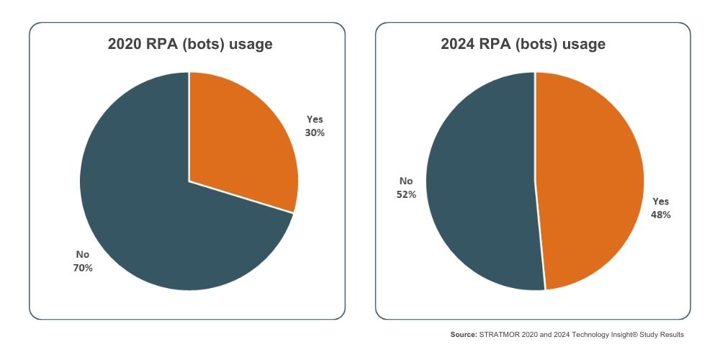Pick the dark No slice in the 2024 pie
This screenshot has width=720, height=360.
(x=482, y=180)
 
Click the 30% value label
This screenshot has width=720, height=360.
(x=315, y=132)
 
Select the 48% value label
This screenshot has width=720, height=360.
(x=661, y=215)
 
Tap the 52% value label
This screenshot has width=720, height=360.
(x=406, y=194)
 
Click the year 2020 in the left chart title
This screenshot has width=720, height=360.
(x=124, y=45)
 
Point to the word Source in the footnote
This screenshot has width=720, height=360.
(x=463, y=335)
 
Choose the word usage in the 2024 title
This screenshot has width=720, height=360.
(x=585, y=45)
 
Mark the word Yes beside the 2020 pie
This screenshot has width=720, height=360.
(x=315, y=120)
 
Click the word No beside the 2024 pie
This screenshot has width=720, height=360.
(x=406, y=181)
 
